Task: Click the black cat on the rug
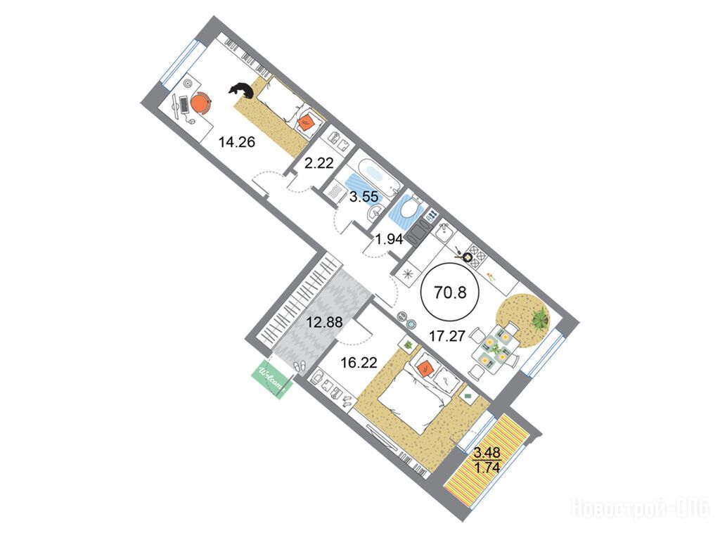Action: pos(242,90)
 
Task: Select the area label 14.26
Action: pos(236,142)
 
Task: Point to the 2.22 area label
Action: pos(319,163)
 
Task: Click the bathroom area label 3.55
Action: pos(364,197)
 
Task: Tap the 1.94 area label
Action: pos(389,239)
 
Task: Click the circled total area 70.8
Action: pos(451,292)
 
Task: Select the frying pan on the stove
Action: pos(465,255)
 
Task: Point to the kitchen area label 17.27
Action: pos(447,335)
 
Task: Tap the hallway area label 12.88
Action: pos(325,322)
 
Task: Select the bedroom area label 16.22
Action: pos(359,364)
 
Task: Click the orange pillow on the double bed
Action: pos(425,368)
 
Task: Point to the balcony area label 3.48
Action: pos(487,452)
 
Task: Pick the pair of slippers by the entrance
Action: pos(301,366)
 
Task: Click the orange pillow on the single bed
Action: pos(306,122)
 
